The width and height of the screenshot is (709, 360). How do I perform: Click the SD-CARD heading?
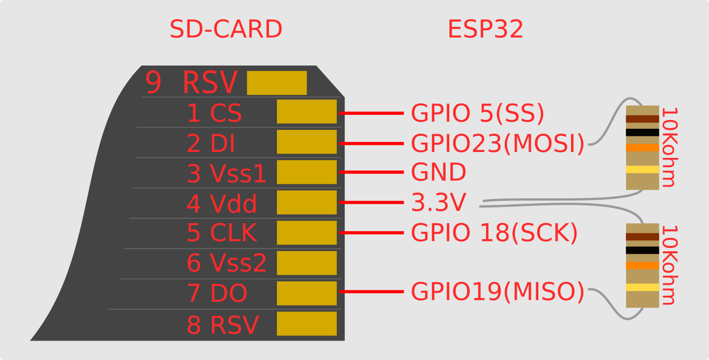click(x=226, y=30)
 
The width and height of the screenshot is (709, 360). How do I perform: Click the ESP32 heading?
click(x=485, y=30)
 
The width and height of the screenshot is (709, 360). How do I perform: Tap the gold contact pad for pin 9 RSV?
click(x=276, y=83)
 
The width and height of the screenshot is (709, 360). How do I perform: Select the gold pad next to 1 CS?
click(x=307, y=112)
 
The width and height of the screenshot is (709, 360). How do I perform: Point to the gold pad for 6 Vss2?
click(x=307, y=263)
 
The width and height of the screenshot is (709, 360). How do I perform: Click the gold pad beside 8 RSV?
click(x=307, y=323)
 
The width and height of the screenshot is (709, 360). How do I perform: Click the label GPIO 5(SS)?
click(x=477, y=114)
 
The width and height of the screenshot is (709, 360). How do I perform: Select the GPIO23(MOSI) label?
click(x=497, y=144)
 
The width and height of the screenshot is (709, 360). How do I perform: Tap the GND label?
click(x=438, y=173)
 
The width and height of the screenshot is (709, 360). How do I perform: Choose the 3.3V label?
click(x=438, y=203)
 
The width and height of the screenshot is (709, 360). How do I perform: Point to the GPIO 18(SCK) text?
click(x=494, y=233)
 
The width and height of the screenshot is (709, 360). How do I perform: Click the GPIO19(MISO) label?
click(x=497, y=292)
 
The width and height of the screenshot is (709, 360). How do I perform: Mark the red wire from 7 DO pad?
click(x=371, y=292)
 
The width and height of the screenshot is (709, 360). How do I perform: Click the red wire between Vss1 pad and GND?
click(x=371, y=172)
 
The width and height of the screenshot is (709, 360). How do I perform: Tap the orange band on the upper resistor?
click(x=642, y=148)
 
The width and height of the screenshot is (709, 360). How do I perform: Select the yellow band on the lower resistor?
click(x=642, y=287)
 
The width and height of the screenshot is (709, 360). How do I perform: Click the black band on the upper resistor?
click(x=642, y=133)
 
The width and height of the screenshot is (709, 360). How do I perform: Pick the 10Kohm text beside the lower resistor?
click(x=668, y=265)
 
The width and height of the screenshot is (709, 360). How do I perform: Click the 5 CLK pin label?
click(x=221, y=233)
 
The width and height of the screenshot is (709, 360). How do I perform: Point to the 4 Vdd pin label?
click(x=221, y=204)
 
